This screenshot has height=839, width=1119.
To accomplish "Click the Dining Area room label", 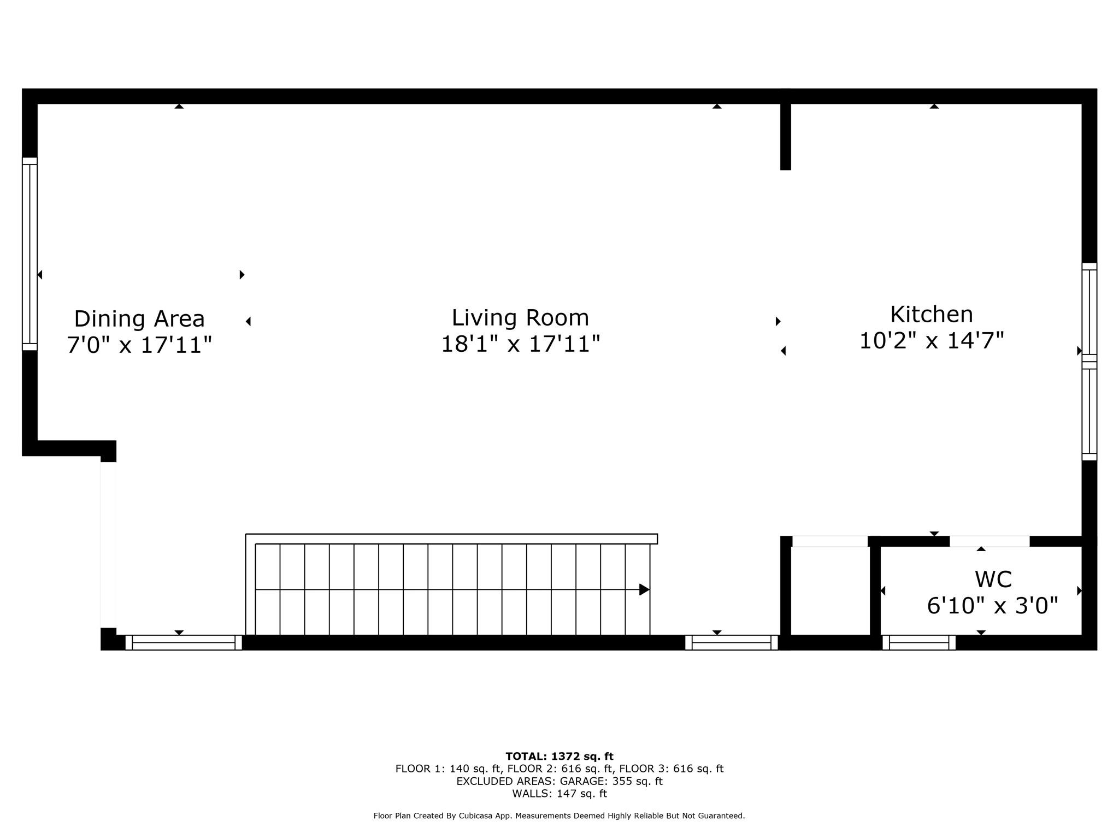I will tap(139, 319).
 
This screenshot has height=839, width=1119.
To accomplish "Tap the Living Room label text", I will tap(520, 318).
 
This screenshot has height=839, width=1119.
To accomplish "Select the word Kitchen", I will tap(932, 315).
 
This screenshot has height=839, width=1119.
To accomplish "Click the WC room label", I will tap(993, 580).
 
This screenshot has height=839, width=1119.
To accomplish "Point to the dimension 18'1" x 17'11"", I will tap(520, 345).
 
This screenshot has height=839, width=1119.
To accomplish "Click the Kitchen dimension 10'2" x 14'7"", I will tap(932, 341).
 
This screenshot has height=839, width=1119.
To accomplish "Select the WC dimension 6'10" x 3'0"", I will tap(993, 606).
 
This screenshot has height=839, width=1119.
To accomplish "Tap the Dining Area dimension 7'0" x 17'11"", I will tap(139, 345).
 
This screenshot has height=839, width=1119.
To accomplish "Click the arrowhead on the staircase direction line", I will tap(644, 590).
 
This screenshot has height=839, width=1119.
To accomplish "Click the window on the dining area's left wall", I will tap(30, 254).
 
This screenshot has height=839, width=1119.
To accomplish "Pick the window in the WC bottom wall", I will tap(919, 643).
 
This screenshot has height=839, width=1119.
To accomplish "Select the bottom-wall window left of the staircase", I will tap(184, 643).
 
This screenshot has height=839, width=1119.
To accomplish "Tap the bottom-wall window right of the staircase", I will tap(731, 643).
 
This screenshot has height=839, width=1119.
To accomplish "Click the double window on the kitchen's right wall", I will tap(1089, 362).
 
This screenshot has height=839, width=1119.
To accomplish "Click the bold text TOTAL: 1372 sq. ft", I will tap(559, 757).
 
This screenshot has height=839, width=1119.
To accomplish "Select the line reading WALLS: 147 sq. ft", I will tap(559, 794).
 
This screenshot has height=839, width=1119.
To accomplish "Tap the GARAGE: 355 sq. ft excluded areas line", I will tap(559, 781).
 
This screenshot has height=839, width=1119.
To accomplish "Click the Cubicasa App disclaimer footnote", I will tap(559, 816).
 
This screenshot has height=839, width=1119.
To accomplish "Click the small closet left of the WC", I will tap(830, 590).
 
